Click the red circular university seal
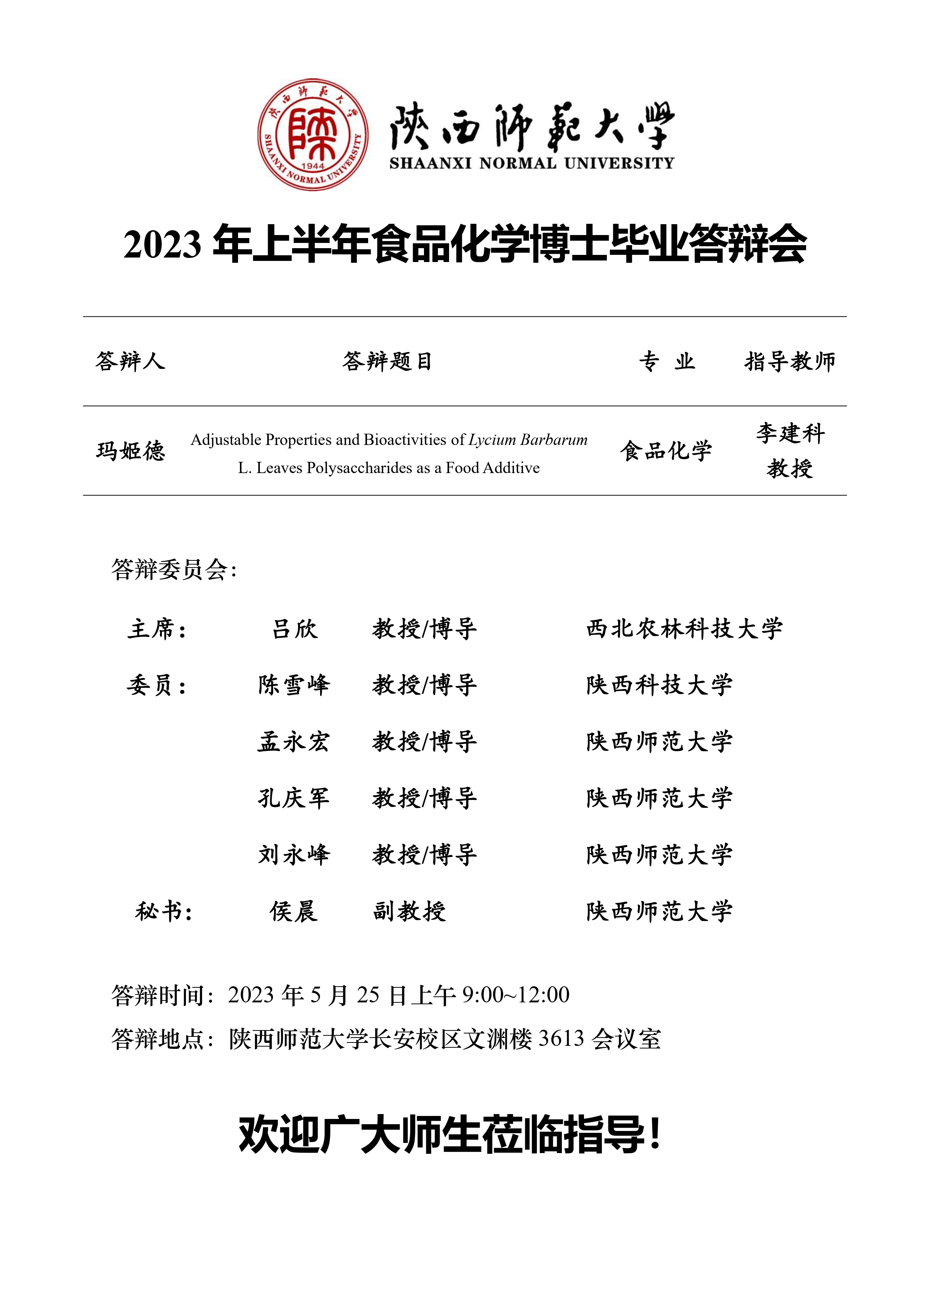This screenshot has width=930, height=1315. [313, 135]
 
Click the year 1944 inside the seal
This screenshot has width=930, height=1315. [313, 166]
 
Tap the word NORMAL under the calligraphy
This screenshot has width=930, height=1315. [517, 163]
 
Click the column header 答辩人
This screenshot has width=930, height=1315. [130, 361]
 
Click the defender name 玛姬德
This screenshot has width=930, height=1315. [130, 451]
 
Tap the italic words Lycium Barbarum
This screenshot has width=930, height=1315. [527, 440]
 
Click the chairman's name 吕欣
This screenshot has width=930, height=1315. [294, 628]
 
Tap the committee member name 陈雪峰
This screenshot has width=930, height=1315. [294, 684]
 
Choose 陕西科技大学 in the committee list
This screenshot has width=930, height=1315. [659, 684]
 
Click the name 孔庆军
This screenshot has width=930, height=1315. [294, 798]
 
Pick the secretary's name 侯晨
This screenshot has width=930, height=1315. [294, 911]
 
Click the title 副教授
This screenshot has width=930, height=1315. [409, 911]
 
